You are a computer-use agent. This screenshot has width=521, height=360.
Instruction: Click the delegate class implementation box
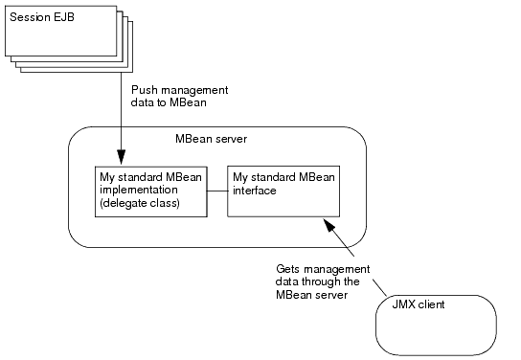click(x=151, y=191)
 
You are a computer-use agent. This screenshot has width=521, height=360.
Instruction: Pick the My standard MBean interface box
click(x=283, y=191)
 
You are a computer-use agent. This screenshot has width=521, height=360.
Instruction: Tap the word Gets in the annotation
click(x=290, y=270)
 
